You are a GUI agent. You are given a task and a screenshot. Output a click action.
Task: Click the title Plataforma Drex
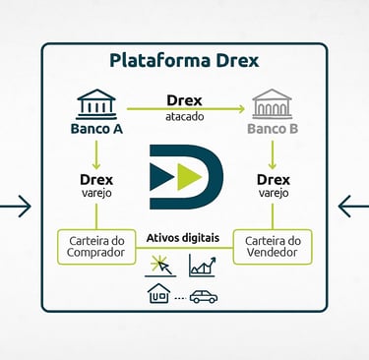[x=184, y=61]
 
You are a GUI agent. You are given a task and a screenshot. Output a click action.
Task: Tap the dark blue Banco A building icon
[x=96, y=103]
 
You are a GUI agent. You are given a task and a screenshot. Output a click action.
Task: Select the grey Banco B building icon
[x=273, y=103]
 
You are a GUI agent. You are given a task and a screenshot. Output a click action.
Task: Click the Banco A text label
[x=96, y=129]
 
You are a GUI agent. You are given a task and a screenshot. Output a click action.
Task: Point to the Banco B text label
[x=273, y=129]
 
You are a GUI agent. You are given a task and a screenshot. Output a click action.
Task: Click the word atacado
[x=184, y=116]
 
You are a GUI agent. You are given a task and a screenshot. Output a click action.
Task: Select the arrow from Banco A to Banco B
[x=184, y=106]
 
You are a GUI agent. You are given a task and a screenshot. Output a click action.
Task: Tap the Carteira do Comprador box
[x=96, y=247]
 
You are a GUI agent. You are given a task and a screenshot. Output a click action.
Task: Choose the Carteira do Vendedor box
[x=273, y=247]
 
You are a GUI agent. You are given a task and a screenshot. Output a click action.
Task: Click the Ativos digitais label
[x=184, y=237]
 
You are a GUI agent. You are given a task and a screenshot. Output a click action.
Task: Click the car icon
[x=204, y=295]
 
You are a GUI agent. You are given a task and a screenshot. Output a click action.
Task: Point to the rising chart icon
[x=202, y=266]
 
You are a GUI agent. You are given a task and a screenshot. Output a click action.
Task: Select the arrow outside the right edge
[x=352, y=207]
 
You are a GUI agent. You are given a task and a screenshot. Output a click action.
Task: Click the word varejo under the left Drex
[x=96, y=194]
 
